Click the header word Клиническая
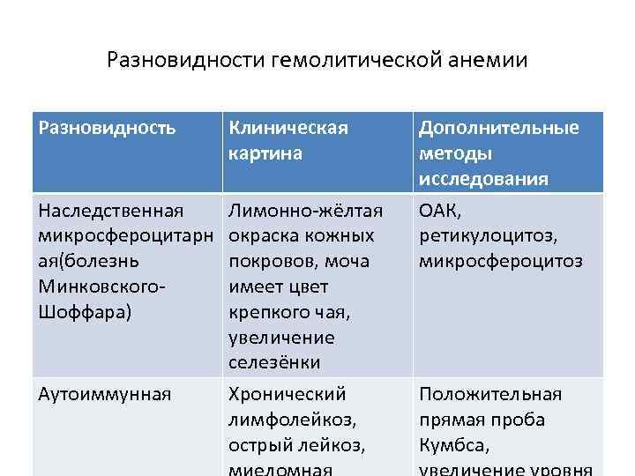tap(288, 129)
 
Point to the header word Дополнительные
tap(499, 129)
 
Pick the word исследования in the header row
tap(483, 179)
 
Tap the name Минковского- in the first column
tap(102, 287)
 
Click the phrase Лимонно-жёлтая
tap(305, 211)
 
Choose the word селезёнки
tap(274, 363)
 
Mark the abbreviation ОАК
tap(439, 211)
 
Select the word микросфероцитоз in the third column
tap(500, 262)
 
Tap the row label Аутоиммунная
tap(105, 394)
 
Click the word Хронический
tap(288, 394)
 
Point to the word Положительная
tap(490, 394)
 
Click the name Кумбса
tap(452, 445)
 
